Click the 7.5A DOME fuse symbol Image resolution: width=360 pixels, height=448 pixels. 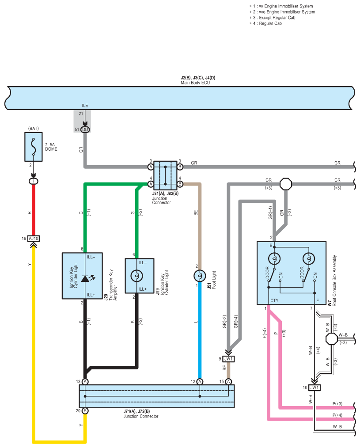34,147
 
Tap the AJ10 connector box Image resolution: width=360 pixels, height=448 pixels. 34,238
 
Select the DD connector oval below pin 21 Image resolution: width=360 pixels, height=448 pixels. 85,130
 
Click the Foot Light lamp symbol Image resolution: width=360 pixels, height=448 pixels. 200,276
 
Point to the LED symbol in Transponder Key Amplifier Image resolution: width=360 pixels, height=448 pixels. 87,278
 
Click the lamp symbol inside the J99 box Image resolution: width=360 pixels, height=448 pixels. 136,276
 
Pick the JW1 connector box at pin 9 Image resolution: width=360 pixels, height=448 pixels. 228,359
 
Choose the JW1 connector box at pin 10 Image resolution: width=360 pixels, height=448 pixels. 315,387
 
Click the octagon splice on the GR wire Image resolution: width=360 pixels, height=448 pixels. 286,184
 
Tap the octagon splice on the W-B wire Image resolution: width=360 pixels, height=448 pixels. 332,339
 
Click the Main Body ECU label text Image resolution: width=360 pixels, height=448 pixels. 195,83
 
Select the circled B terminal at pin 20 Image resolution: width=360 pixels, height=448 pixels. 85,411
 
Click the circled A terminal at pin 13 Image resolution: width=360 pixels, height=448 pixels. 85,382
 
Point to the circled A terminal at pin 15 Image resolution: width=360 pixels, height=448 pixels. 228,382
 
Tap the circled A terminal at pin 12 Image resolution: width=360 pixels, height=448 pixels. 200,382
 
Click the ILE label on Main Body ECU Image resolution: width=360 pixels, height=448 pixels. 85,106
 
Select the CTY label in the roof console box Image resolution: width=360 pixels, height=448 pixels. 274,300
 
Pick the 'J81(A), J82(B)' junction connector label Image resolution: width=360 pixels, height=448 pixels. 165,194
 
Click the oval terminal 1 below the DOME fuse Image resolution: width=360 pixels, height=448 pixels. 34,181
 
